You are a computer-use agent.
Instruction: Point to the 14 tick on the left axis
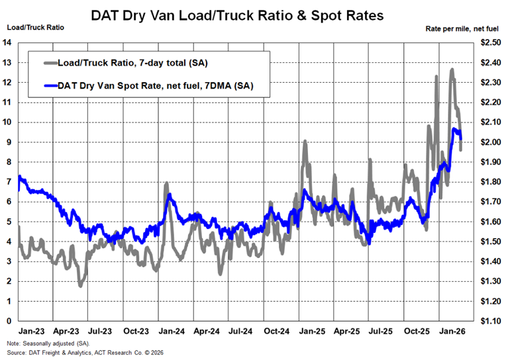click(7, 42)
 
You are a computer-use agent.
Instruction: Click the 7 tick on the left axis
click(7, 182)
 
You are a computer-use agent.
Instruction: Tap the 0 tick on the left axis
click(7, 321)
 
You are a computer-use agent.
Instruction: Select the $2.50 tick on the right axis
click(491, 42)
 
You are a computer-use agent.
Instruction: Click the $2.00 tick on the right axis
click(491, 142)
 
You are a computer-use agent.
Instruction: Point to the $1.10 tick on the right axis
click(491, 321)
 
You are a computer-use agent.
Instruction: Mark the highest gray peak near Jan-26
click(452, 69)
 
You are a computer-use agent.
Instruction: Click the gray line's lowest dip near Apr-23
click(80, 286)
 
